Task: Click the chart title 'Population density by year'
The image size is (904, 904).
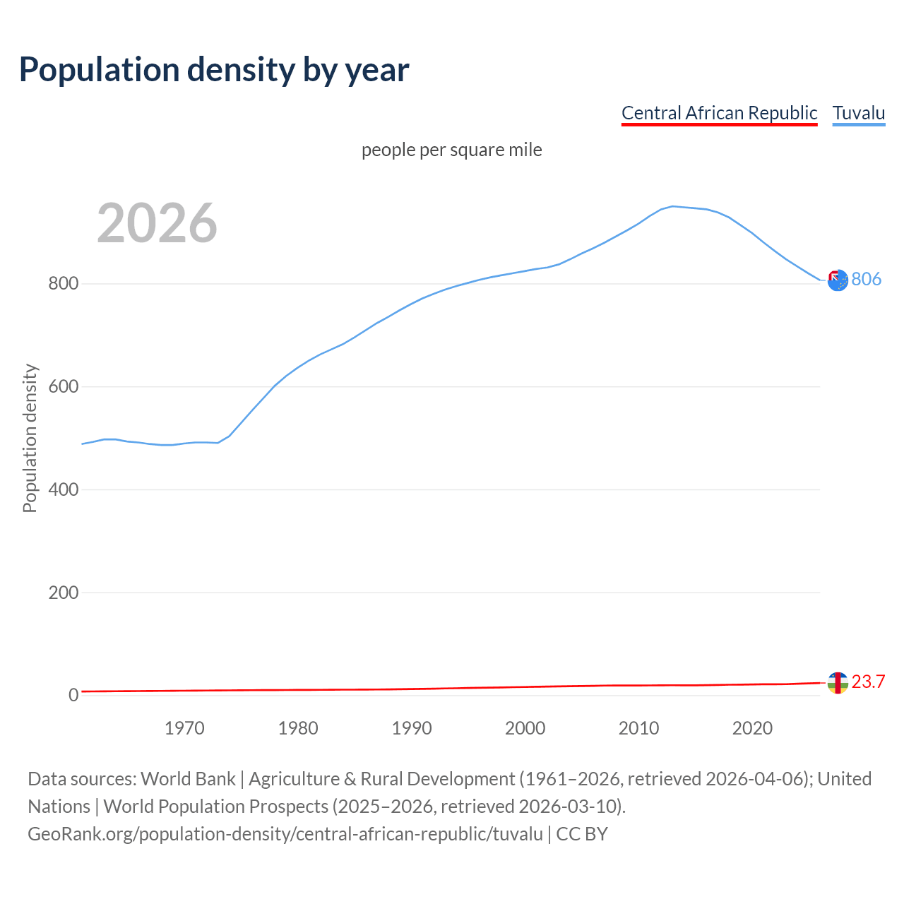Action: point(214,69)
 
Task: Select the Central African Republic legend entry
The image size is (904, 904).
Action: point(719,113)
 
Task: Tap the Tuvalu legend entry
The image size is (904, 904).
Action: point(858,113)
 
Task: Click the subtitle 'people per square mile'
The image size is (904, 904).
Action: point(451,150)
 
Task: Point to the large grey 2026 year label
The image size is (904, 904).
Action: point(157,223)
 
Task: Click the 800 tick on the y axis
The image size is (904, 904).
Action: point(63,284)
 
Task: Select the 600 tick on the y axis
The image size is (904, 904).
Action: point(63,387)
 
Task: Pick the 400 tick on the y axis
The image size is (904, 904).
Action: point(63,489)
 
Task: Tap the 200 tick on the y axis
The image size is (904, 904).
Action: point(63,593)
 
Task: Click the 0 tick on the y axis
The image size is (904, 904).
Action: point(73,696)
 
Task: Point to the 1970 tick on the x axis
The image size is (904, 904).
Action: point(184,728)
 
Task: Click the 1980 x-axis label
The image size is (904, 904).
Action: point(298,728)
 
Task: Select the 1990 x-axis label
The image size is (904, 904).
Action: point(412,728)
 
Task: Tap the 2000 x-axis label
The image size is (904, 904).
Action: point(525,728)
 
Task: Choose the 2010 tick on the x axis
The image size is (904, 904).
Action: point(638,728)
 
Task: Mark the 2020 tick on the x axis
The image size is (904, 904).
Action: point(752,728)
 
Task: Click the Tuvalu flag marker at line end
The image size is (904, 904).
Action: point(837,280)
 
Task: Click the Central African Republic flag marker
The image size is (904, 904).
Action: point(837,683)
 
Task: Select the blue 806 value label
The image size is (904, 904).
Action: point(866,280)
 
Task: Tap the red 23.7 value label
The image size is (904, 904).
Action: point(868,682)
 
